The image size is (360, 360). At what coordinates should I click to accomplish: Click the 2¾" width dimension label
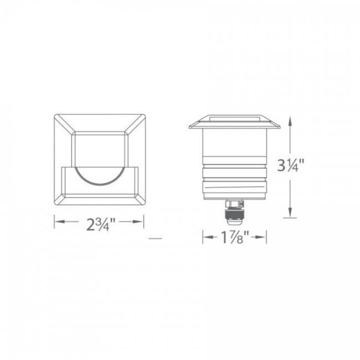coord(100,224)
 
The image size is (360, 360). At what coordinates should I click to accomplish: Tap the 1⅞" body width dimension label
coord(235,237)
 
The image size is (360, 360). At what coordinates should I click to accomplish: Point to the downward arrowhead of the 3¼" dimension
coord(290,212)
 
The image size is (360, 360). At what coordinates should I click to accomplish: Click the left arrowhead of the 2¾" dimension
coord(59,222)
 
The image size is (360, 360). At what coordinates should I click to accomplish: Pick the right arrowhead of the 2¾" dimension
coord(138,222)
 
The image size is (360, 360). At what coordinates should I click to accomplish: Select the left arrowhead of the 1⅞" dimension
coord(208,237)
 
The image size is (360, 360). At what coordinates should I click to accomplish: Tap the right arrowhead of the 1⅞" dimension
coord(261,237)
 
